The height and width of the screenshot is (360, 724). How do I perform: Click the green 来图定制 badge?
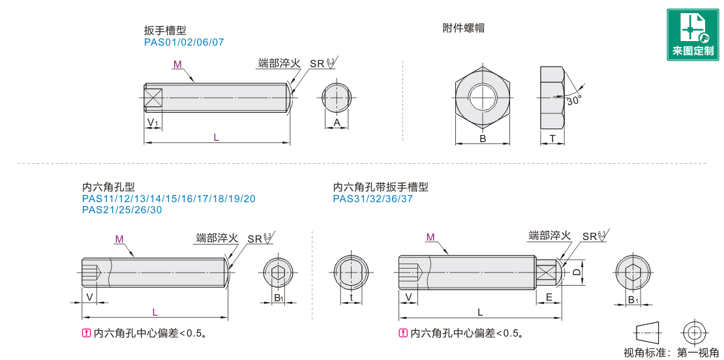click(x=693, y=35)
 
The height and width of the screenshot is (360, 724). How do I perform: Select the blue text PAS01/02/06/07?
click(x=184, y=42)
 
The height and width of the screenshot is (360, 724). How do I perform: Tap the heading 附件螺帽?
click(x=463, y=27)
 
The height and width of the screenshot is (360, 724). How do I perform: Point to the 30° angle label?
click(x=574, y=100)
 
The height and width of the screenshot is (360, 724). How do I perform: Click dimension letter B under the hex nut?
click(x=483, y=138)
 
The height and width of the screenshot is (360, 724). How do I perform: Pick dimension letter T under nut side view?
click(x=552, y=138)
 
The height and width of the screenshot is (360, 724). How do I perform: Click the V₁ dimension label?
click(x=153, y=123)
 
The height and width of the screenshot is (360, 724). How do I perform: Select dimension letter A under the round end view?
click(x=337, y=123)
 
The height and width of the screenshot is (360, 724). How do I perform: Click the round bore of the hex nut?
click(x=483, y=98)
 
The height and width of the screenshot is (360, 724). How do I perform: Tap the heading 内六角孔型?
click(x=108, y=187)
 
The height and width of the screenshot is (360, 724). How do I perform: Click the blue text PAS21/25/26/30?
click(x=122, y=210)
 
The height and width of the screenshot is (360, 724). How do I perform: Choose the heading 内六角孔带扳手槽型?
click(x=380, y=187)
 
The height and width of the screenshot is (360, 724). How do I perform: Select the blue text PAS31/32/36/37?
click(x=373, y=199)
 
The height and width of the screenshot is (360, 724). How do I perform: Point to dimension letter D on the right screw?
click(x=576, y=273)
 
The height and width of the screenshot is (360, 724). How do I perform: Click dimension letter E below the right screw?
click(x=549, y=297)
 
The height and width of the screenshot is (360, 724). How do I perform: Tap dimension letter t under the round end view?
click(x=352, y=297)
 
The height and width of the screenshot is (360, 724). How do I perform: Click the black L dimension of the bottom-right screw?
click(x=480, y=312)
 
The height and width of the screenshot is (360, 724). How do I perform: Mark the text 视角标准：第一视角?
click(x=671, y=353)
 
